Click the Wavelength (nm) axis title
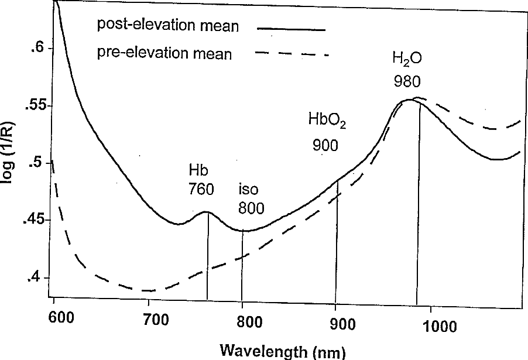pos(283,351)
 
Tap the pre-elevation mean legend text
pos(164,54)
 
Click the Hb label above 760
pos(198,170)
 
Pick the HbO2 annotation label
pos(328,121)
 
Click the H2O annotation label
pos(407,59)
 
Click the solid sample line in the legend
pos(290,27)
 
